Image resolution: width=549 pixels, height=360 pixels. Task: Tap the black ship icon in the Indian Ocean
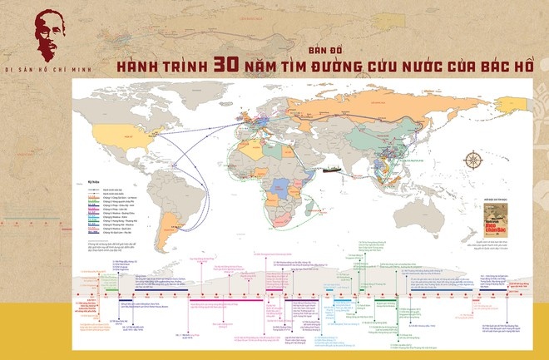tap(332, 171)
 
